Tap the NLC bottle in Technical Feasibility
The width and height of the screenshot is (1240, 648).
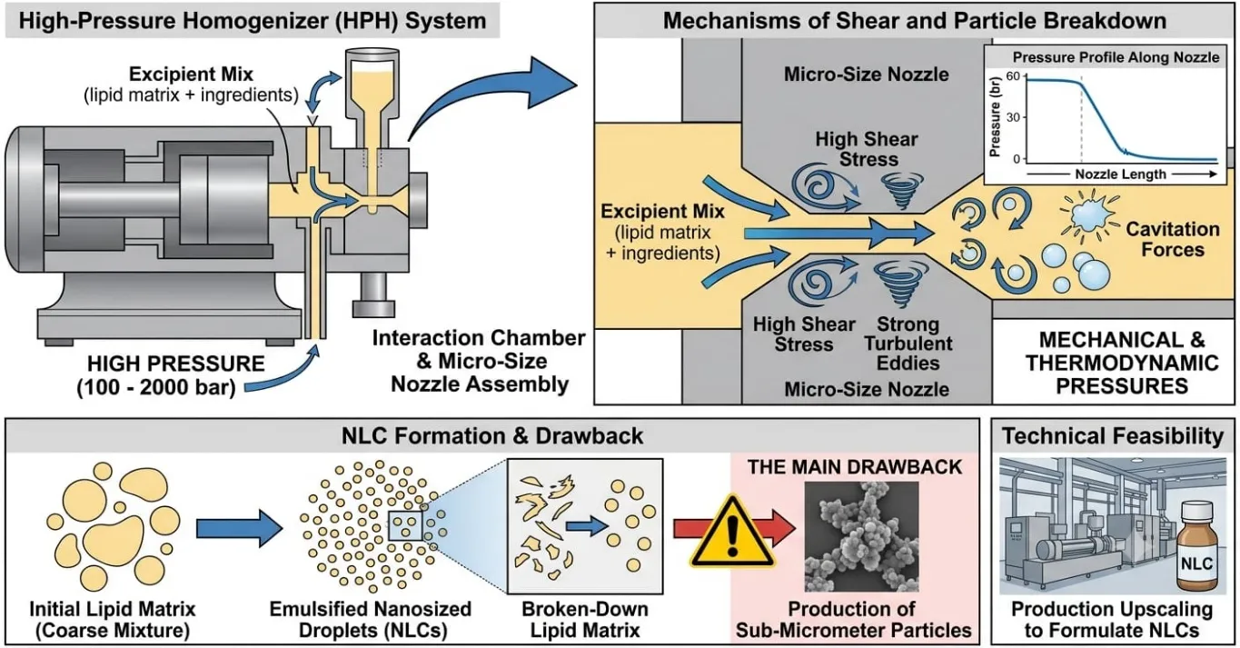point(1196,554)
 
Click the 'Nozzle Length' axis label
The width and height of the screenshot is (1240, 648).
point(1120,174)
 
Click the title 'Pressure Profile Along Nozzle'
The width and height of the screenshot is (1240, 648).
point(1116,57)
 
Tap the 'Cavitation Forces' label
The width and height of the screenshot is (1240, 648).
point(1173,239)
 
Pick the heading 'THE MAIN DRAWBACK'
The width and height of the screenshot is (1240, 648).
point(855,467)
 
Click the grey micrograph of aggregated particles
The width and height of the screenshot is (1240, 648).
point(861,537)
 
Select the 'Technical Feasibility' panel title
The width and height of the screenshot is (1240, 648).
point(1113,436)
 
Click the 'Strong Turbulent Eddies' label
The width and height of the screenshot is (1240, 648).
point(908,344)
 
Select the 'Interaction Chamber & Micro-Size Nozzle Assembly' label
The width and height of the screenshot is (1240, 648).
point(479,361)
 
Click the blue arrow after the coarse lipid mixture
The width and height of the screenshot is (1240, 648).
point(240,528)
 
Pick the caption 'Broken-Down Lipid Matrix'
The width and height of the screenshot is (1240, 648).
point(585,619)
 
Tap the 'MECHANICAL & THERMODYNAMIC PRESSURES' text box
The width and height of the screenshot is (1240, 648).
point(1122,363)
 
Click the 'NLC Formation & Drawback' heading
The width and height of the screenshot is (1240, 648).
point(492,436)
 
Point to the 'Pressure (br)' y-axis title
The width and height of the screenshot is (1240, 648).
point(995,118)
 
